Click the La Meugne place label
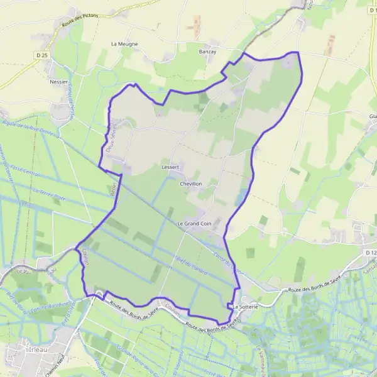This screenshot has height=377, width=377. pyautogui.click(x=124, y=44)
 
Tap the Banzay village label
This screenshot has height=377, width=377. pyautogui.click(x=207, y=52)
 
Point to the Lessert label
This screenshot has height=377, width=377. pyautogui.click(x=170, y=167)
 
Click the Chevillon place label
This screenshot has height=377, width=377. pyautogui.click(x=191, y=183)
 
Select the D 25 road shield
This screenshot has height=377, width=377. pyautogui.click(x=42, y=57)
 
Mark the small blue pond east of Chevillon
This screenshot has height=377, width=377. pyautogui.click(x=239, y=199)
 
